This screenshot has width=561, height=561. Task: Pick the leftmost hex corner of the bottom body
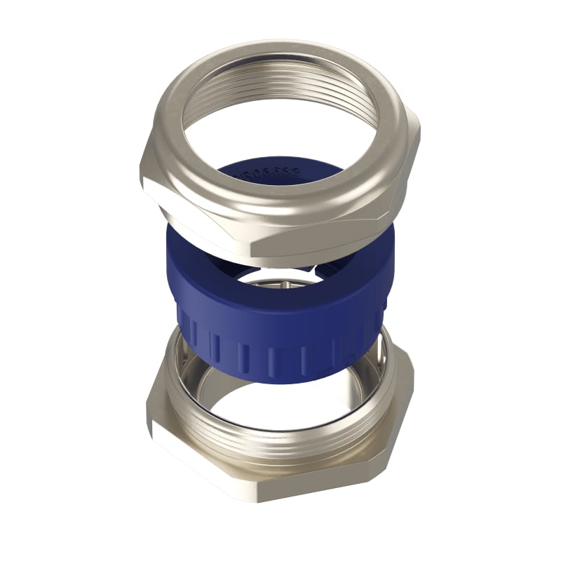tap(147, 414)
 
